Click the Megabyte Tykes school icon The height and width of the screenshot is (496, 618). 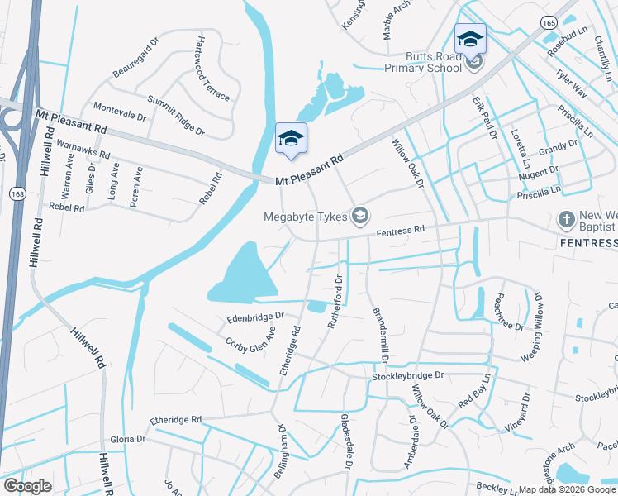[x=359, y=217]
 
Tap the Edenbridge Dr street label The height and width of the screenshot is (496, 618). [x=255, y=317]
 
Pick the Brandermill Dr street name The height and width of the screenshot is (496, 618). [x=380, y=336]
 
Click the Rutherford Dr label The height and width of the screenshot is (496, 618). [x=335, y=302]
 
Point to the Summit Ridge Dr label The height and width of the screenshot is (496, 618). [x=175, y=115]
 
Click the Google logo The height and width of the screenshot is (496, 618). [x=27, y=486]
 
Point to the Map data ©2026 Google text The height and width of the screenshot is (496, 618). [x=568, y=489]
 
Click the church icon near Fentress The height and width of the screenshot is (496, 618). [x=566, y=220]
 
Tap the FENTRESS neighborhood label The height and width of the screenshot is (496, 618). [x=588, y=243]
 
